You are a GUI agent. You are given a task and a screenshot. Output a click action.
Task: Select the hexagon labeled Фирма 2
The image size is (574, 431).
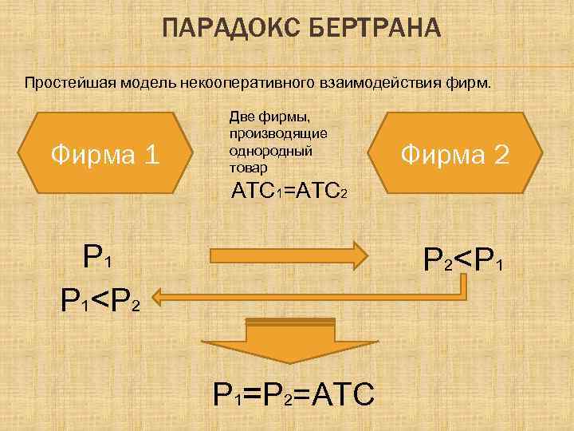click(454, 152)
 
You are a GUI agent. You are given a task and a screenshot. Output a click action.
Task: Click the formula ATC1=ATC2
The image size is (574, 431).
click(288, 192)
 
